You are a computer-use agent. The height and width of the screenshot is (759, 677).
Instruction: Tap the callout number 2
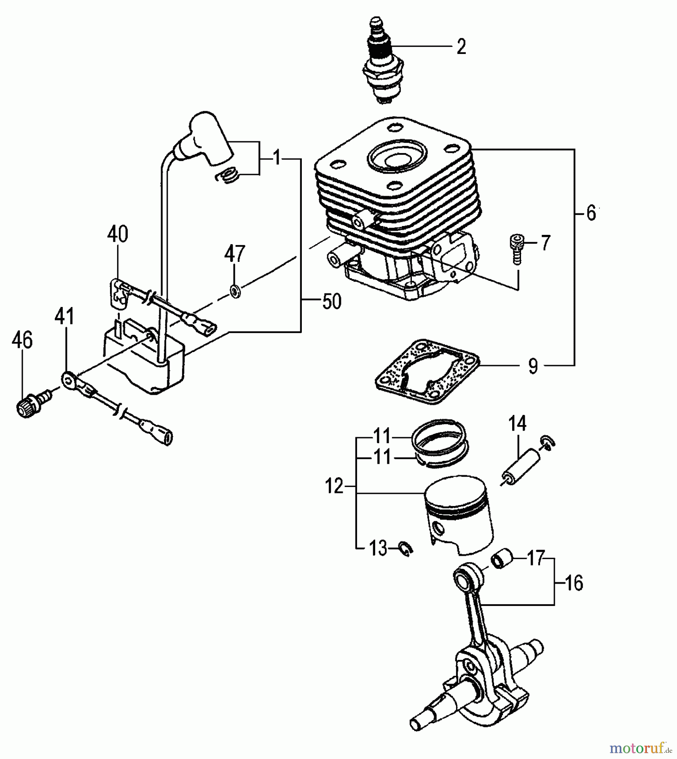click(461, 46)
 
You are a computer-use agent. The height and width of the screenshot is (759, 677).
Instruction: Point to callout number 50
click(331, 301)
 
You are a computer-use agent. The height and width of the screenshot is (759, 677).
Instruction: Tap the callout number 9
click(533, 366)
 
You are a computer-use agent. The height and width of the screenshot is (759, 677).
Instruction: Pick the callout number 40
click(118, 234)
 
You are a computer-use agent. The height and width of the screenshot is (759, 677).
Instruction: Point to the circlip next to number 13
click(406, 549)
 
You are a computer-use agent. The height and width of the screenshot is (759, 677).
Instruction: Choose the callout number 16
click(573, 583)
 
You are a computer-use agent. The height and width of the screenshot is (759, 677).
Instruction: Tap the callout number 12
click(334, 487)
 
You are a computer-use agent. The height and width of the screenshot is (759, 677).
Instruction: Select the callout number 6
click(591, 214)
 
